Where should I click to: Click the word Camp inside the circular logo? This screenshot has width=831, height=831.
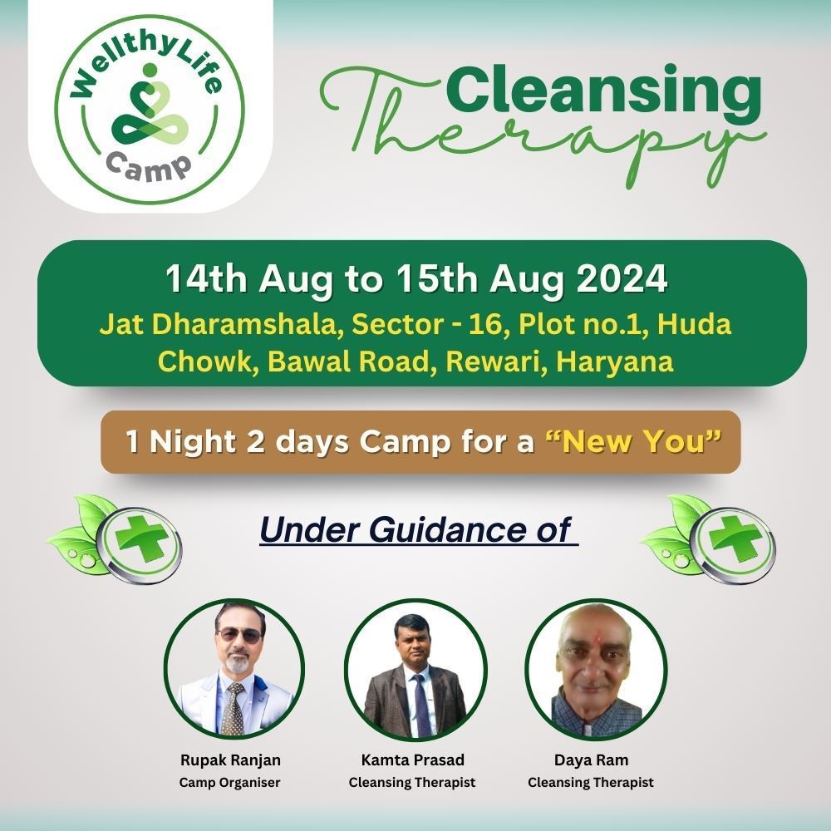[x=149, y=166]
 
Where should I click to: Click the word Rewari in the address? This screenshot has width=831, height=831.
[x=495, y=361]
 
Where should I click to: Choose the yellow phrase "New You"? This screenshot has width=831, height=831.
[x=633, y=441]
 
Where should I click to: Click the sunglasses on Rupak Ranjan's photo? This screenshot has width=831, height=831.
[x=239, y=634]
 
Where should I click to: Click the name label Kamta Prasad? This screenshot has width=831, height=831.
[x=412, y=760]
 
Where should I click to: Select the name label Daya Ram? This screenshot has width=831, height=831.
[x=591, y=760]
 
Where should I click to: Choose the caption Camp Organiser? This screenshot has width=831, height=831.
[x=229, y=782]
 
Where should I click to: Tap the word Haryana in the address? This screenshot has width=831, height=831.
[x=614, y=362]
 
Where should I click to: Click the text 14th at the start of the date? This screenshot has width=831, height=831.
[x=206, y=278]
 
